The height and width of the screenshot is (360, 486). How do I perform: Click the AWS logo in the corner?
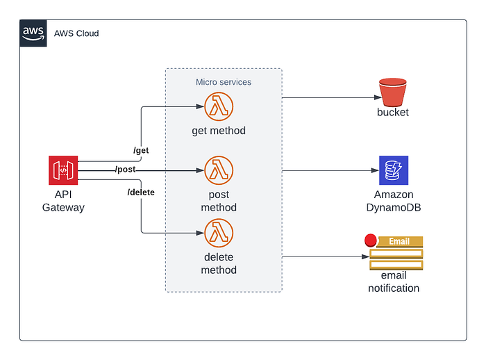(33, 33)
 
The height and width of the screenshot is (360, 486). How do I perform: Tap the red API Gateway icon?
(63, 170)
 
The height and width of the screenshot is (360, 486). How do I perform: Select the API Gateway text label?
(63, 201)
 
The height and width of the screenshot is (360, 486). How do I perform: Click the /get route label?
(141, 150)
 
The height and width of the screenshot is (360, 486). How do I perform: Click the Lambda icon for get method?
(219, 107)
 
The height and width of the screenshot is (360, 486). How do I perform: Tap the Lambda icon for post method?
(219, 170)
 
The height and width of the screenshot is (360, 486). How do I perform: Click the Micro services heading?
(224, 82)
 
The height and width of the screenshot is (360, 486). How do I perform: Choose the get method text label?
(219, 131)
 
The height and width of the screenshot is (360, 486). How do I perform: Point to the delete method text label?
(219, 263)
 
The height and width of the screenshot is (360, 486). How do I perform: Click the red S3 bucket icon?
(393, 92)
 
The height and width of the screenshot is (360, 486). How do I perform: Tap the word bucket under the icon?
(393, 113)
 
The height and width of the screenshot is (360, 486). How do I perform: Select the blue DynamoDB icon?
(393, 170)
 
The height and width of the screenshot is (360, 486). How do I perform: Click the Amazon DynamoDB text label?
(393, 201)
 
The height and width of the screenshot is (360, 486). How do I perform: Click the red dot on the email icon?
(371, 240)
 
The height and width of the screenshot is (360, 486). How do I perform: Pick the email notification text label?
(394, 281)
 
